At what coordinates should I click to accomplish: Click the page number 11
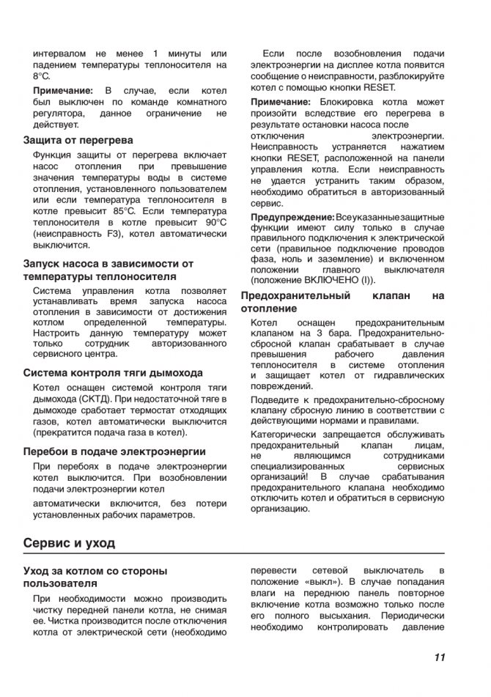tap(439, 657)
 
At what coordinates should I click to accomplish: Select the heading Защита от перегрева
tap(78, 139)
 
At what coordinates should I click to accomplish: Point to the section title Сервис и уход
tap(69, 544)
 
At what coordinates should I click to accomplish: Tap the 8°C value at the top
tap(42, 76)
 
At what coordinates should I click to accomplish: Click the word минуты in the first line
tap(180, 54)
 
